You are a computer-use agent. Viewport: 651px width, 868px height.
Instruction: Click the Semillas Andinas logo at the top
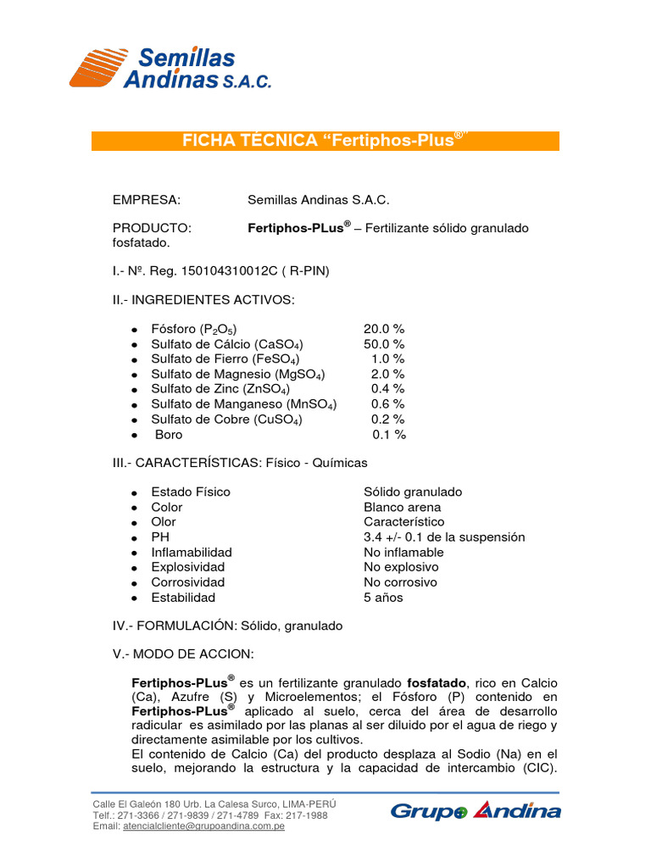[x=170, y=68]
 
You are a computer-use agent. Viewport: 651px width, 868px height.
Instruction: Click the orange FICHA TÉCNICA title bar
[x=325, y=141]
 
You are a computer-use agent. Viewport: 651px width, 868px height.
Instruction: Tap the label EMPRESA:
[x=147, y=200]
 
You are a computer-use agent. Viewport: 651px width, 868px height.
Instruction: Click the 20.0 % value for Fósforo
[x=384, y=328]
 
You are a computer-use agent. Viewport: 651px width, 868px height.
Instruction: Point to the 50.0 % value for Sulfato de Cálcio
[x=384, y=343]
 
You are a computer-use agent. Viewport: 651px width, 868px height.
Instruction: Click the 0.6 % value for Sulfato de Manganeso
[x=387, y=403]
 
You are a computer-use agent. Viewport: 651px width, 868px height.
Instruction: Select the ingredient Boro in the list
[x=168, y=434]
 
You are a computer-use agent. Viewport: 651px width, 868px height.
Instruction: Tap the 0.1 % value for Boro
[x=389, y=434]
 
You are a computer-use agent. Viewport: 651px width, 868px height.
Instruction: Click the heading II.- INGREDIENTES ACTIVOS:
[x=203, y=299]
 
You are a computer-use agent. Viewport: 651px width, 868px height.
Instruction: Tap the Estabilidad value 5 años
[x=383, y=597]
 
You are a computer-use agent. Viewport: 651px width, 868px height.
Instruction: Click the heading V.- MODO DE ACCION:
[x=182, y=655]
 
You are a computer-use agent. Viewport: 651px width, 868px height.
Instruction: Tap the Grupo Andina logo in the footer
[x=475, y=810]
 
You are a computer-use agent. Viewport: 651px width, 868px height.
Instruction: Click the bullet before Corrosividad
[x=135, y=583]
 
